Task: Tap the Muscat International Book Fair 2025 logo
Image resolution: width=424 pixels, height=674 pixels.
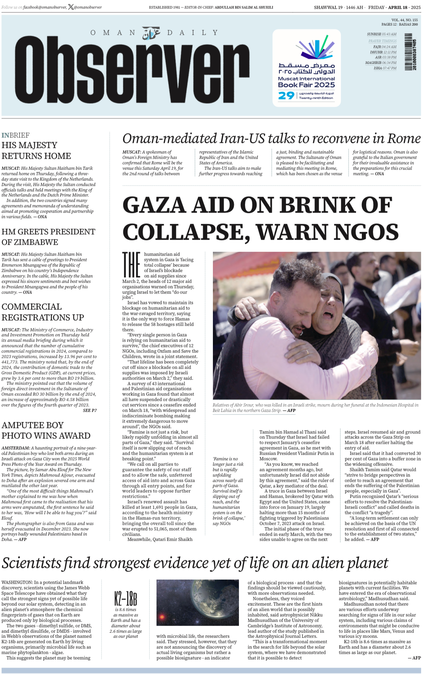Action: tap(307, 68)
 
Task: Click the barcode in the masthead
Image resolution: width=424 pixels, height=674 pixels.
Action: tap(409, 52)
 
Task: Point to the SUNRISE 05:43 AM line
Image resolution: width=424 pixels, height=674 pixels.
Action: tap(381, 34)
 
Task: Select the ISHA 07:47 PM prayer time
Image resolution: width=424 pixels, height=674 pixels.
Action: tap(385, 68)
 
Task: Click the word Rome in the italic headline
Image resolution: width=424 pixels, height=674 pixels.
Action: tap(404, 138)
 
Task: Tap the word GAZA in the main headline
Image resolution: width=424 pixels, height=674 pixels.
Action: tap(155, 205)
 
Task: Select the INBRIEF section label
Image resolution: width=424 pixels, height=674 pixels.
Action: tap(16, 135)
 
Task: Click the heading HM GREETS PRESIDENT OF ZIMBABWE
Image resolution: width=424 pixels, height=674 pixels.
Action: tap(48, 237)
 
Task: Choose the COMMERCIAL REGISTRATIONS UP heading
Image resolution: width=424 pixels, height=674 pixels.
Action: tap(43, 312)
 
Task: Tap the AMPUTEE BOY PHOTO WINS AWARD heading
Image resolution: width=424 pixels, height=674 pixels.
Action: tap(46, 430)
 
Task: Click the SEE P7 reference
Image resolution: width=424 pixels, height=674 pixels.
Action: tap(90, 410)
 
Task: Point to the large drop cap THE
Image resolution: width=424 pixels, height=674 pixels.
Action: tap(131, 265)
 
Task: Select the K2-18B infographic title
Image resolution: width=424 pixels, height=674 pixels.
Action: tap(125, 598)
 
